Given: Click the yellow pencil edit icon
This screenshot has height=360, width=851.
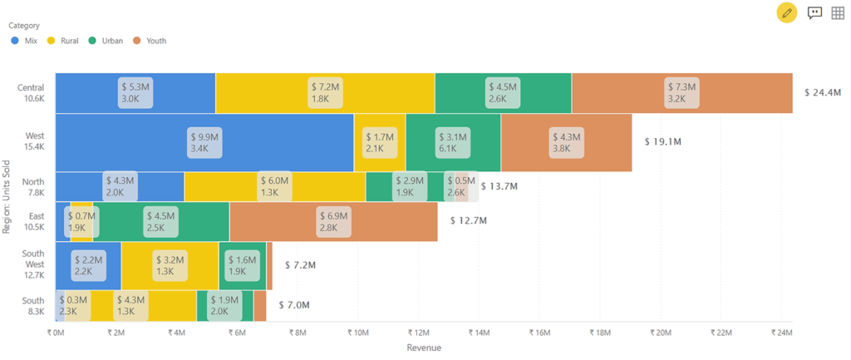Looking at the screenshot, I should [786, 12].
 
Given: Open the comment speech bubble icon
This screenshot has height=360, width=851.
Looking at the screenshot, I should [814, 12].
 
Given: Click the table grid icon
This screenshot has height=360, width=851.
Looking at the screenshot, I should [838, 12].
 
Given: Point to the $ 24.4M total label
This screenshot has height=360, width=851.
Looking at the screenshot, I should [823, 92].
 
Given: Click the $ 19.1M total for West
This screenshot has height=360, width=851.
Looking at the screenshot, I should [663, 142].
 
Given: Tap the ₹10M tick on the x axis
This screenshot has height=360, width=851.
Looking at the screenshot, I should [357, 333].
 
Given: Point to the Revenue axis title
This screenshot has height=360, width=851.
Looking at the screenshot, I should [424, 348].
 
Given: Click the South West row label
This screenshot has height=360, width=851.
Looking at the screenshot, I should [32, 265].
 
